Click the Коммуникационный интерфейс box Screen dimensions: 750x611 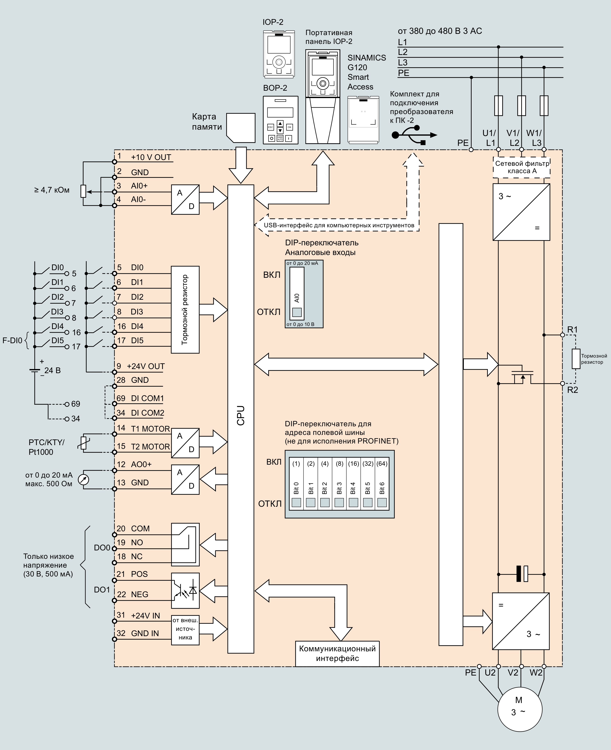(337, 653)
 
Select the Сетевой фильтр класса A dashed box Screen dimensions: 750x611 (522, 167)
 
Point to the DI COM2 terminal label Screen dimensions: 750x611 (147, 413)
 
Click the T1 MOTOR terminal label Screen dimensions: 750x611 (150, 429)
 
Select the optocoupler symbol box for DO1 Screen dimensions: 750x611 (185, 591)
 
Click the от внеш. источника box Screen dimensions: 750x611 (185, 630)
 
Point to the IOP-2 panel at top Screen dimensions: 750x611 (279, 54)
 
